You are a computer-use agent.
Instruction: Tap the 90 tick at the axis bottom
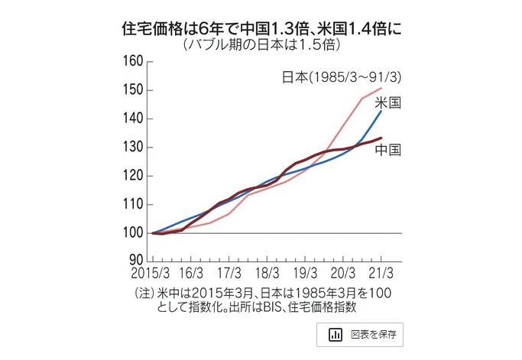click(136, 262)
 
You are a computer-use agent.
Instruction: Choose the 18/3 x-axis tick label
click(267, 273)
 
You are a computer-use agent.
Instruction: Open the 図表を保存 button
click(360, 335)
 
